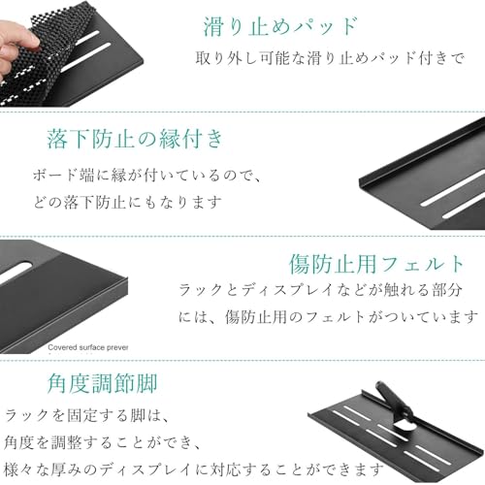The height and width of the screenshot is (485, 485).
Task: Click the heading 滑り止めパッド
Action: [x=280, y=26]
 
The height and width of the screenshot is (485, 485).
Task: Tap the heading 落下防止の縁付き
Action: [x=135, y=139]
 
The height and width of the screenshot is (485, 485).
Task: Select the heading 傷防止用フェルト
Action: [x=376, y=264]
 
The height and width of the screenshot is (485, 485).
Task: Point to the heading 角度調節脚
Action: [x=102, y=383]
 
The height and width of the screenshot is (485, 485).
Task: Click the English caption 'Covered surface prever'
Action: [x=88, y=347]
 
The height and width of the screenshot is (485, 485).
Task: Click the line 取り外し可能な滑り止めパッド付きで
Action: [x=330, y=58]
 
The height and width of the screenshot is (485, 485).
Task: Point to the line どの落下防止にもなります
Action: [x=128, y=203]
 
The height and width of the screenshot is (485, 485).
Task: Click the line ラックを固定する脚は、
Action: [x=86, y=415]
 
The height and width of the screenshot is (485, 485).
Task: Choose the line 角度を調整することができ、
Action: [x=103, y=442]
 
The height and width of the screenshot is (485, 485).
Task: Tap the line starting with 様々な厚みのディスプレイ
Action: [x=194, y=469]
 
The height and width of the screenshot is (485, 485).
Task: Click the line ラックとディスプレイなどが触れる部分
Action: [x=320, y=290]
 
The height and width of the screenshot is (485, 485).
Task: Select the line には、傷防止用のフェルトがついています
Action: [x=329, y=317]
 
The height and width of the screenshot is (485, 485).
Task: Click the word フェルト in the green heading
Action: [x=423, y=264]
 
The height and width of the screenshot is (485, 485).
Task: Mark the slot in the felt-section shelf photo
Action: [x=15, y=271]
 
